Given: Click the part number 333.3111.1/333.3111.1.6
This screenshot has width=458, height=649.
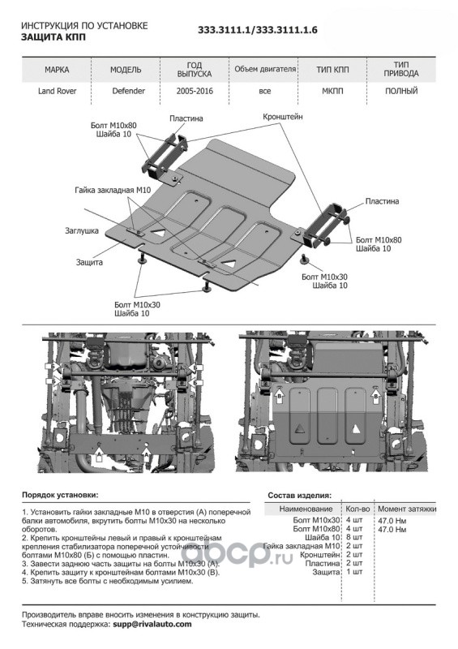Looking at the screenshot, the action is pos(257,30).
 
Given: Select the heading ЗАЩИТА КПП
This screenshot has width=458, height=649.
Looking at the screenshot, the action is pos(54,37).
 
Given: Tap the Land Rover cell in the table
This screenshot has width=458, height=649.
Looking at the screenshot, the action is pos(57,91).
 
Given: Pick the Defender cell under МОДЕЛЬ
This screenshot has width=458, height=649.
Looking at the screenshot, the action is pos(129,91).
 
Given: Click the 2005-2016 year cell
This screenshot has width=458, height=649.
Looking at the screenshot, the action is pos(195,91).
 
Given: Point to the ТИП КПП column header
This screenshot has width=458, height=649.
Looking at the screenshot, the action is pos(332,70).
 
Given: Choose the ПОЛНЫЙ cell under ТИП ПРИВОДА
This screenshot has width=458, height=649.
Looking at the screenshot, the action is pos(401,91).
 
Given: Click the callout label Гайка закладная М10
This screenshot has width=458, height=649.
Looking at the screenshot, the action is pos(113,190).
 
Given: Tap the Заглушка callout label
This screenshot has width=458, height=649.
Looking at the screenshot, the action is pos(82,230).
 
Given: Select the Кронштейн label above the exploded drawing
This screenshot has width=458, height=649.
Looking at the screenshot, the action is pos(283,117).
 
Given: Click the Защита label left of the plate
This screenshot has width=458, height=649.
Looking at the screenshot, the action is pos(89,262).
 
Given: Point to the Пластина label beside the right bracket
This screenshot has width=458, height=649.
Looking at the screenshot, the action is pos(382,201).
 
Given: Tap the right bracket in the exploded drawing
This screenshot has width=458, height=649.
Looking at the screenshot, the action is pos(326,226).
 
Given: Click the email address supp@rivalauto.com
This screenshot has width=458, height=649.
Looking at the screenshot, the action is pos(152,624).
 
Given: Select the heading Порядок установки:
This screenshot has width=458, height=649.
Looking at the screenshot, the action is pos(60,495).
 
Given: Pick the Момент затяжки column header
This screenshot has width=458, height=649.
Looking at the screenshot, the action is pos(407,509).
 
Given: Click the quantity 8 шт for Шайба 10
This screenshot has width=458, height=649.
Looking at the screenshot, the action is pos(354,537).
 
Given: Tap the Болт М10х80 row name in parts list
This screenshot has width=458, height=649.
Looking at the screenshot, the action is pos(316,529).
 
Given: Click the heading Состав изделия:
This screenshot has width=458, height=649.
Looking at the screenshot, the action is pos(300,495).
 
